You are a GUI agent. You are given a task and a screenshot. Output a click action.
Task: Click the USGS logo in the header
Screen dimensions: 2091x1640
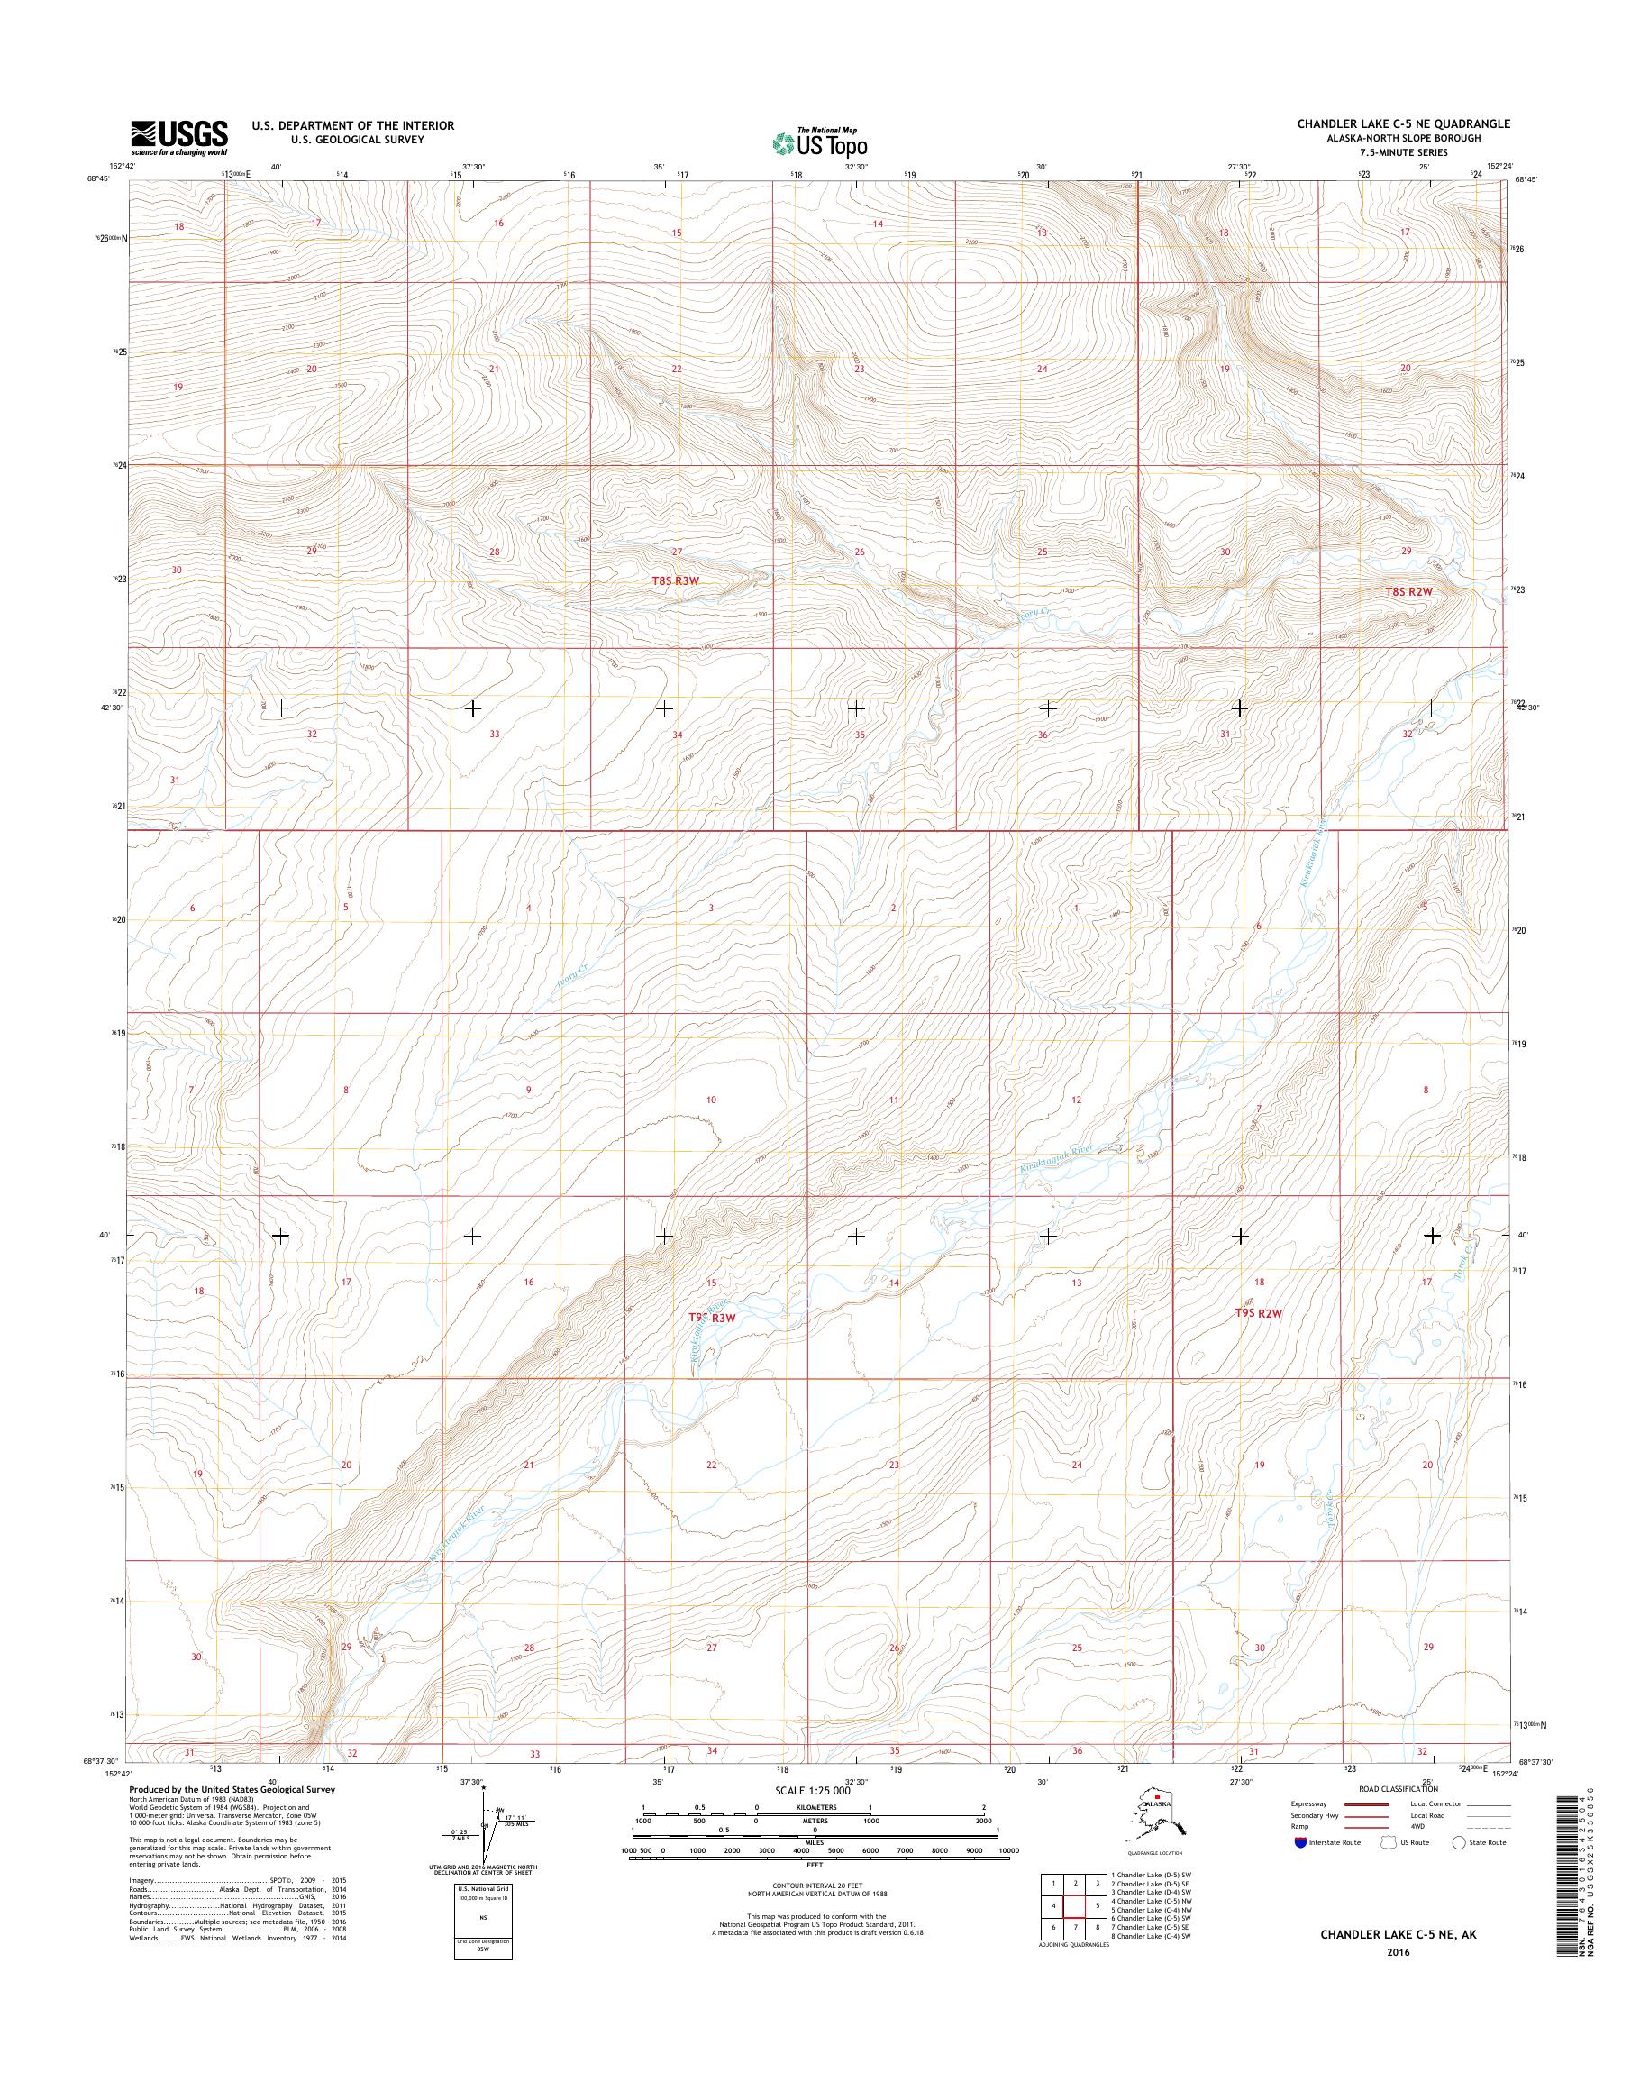(179, 137)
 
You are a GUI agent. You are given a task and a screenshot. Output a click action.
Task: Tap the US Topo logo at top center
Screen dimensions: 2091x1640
(820, 142)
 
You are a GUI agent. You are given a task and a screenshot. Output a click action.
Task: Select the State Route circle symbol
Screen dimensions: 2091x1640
(1459, 1842)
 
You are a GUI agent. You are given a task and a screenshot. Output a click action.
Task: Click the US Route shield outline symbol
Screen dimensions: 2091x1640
(1388, 1842)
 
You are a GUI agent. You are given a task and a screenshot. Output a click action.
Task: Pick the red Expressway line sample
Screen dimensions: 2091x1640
(1367, 1803)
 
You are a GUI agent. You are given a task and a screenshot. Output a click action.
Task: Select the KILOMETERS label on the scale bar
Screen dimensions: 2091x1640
(814, 1807)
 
